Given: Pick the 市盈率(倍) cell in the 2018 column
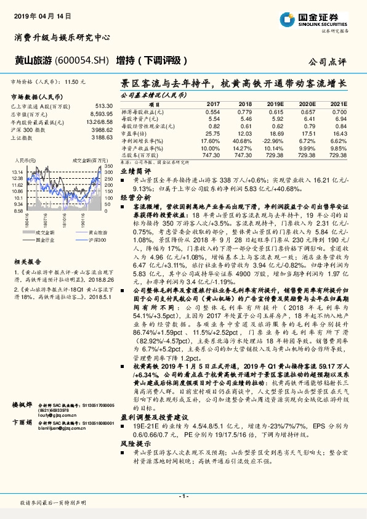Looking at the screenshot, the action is coord(245,133).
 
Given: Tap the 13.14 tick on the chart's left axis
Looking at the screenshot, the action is coord(18,171).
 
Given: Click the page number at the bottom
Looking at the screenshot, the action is coord(183,495).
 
